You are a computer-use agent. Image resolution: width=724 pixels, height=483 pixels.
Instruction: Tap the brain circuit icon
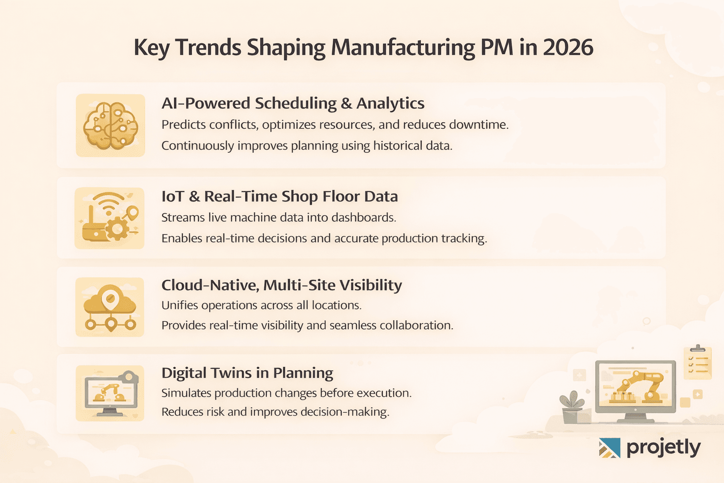(110, 125)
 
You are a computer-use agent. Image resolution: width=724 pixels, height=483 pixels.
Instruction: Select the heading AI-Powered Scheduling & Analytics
(293, 103)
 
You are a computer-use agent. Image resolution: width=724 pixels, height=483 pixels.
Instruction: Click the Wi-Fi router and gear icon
(110, 218)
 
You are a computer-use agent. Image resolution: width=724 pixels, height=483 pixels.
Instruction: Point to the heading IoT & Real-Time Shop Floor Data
(280, 196)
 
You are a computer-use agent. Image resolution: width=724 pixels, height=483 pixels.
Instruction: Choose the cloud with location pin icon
(110, 307)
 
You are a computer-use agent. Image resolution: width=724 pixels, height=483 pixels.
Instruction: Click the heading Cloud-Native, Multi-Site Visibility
(281, 285)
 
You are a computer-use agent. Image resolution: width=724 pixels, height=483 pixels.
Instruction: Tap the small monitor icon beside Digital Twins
(110, 393)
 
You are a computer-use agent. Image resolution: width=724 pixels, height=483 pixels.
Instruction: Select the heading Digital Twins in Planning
(247, 373)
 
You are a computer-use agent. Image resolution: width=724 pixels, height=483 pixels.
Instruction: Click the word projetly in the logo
(663, 447)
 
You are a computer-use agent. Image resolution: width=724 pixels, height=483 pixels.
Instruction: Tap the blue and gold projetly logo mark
(609, 448)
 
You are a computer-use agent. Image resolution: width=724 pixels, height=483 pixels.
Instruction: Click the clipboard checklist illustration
(697, 362)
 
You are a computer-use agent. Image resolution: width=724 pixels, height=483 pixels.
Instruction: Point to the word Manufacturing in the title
(403, 48)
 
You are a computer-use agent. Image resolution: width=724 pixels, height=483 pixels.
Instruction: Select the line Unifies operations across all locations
(261, 306)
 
